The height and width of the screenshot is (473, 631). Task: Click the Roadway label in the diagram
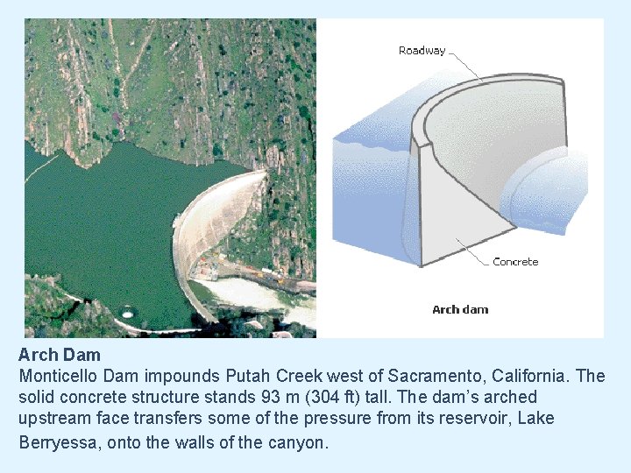[422, 51]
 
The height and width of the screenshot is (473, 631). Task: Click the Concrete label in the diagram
[515, 262]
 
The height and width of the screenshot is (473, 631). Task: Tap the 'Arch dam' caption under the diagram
[460, 309]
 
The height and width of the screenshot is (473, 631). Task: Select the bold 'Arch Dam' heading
[60, 356]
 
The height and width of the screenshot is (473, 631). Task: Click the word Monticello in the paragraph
[60, 376]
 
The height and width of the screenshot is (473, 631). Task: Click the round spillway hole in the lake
[128, 311]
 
